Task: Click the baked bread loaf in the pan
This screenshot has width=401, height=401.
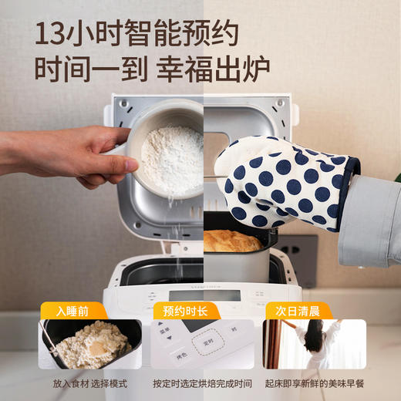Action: (231, 241)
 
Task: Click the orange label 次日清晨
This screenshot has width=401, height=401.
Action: (298, 312)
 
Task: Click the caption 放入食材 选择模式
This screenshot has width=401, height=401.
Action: (90, 383)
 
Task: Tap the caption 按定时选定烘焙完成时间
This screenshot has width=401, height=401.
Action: (201, 383)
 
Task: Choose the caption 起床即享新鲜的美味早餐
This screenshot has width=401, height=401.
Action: (314, 383)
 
